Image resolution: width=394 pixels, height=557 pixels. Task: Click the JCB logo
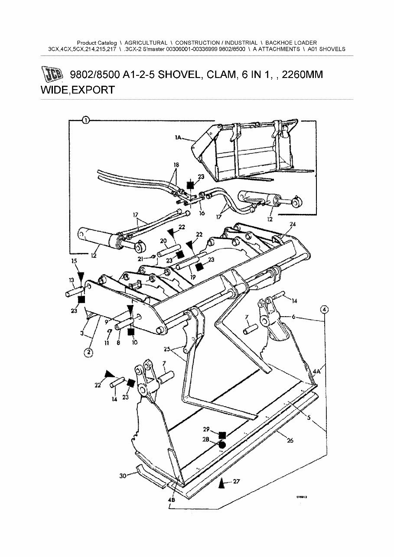click(x=53, y=75)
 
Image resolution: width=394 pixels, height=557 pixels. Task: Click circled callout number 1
click(x=86, y=121)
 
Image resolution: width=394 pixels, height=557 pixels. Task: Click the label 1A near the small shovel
click(x=179, y=137)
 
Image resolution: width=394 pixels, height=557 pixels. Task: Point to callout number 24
click(x=293, y=224)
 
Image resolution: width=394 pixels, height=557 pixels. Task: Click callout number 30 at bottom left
click(x=123, y=476)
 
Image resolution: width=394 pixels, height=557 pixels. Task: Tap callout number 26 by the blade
click(x=290, y=440)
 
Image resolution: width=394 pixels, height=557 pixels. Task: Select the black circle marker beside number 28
click(x=222, y=445)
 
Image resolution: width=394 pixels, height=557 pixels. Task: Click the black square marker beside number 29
click(x=222, y=434)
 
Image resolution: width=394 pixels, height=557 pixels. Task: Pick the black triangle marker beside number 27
click(x=222, y=482)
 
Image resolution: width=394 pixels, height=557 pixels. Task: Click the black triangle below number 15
click(x=79, y=275)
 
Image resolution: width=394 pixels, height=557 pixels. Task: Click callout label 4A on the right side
click(x=316, y=371)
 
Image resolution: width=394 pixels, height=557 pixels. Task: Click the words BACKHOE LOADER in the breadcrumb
click(x=291, y=43)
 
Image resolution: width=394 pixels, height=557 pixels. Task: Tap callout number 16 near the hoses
click(x=202, y=214)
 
